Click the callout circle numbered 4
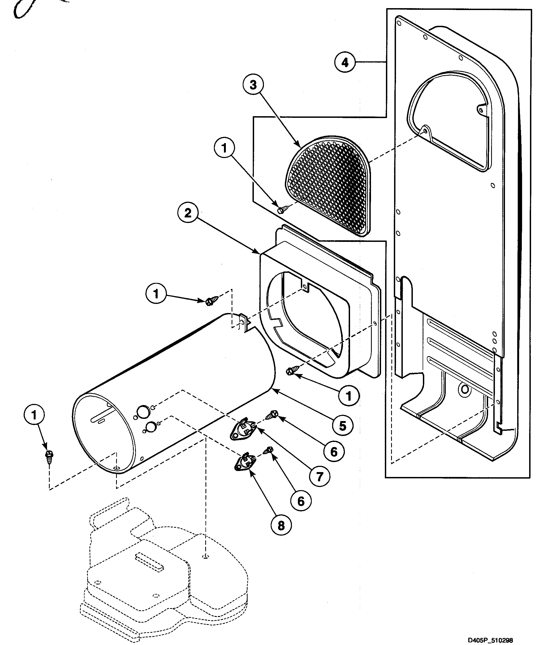[345, 62]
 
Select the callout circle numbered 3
[253, 84]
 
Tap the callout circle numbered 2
[188, 214]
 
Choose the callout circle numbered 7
[320, 476]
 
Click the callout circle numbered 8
[281, 526]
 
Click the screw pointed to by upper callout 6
[273, 414]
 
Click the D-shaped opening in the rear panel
[448, 121]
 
